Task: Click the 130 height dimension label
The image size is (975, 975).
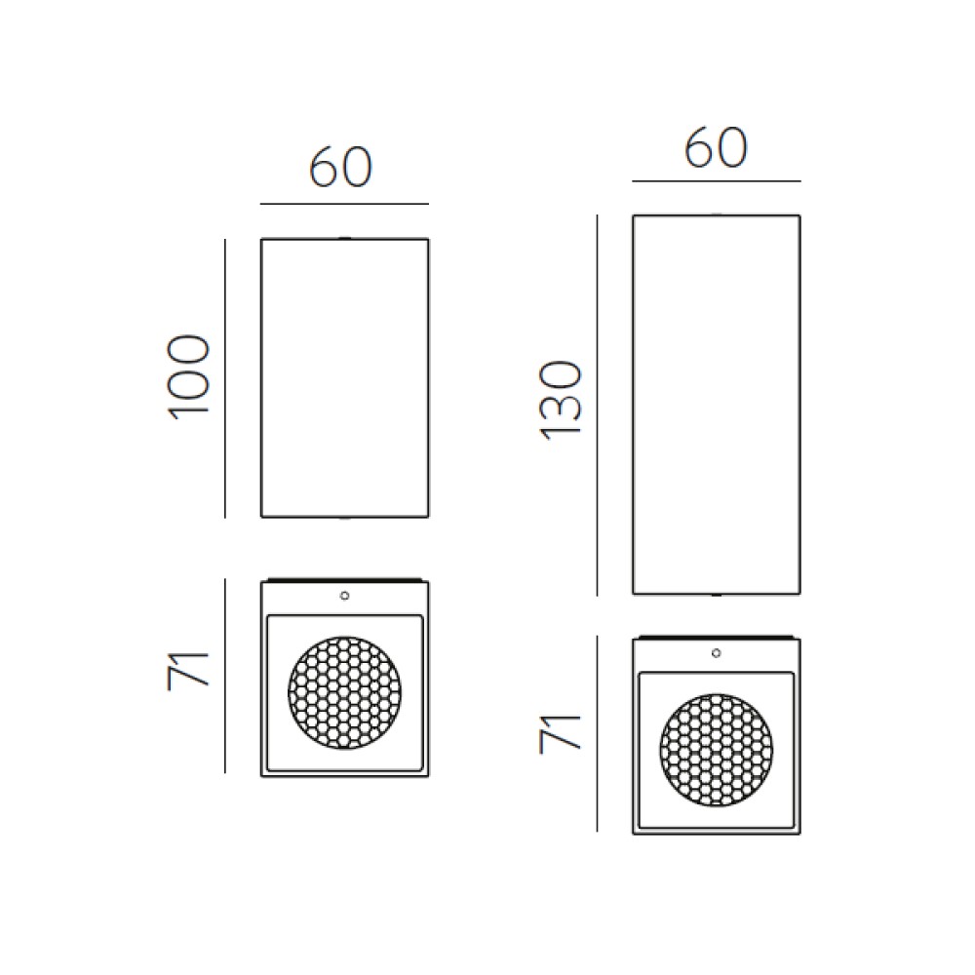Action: (x=562, y=401)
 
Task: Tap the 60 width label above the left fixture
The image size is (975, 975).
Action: (x=340, y=168)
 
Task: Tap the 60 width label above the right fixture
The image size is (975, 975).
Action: (x=715, y=147)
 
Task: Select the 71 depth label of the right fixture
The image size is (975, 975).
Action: (x=561, y=735)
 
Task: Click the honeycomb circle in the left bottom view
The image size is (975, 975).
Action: (x=344, y=692)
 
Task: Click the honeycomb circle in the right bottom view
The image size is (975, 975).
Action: (x=717, y=750)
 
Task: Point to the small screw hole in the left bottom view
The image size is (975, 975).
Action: (x=344, y=596)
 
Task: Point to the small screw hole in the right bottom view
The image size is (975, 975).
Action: (x=717, y=653)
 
